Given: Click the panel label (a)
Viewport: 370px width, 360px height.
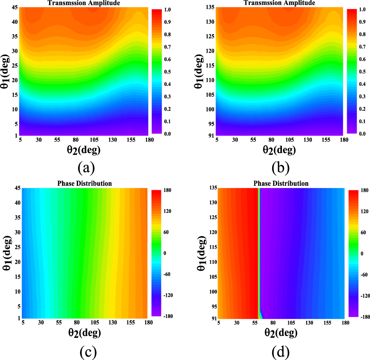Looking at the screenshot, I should point(86,168).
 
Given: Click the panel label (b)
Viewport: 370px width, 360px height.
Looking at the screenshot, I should point(281,168).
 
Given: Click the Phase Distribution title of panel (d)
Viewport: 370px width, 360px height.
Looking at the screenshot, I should point(281,184).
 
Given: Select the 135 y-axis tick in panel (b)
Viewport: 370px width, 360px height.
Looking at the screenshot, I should point(210,7).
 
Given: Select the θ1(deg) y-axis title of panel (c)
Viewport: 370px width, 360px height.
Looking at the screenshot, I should point(6,253).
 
